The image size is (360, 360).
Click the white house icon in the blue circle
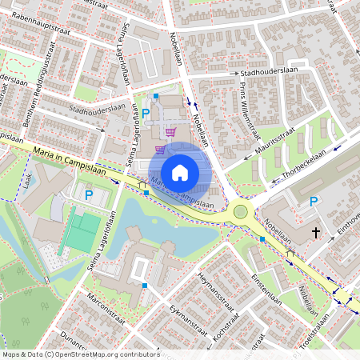tap(179, 173)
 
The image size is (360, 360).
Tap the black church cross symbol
tap(316, 232)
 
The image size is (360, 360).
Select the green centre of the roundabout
tap(240, 211)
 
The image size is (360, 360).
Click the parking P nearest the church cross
tap(314, 202)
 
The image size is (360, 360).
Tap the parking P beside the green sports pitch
tap(89, 194)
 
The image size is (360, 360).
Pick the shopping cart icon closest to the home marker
tap(160, 149)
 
